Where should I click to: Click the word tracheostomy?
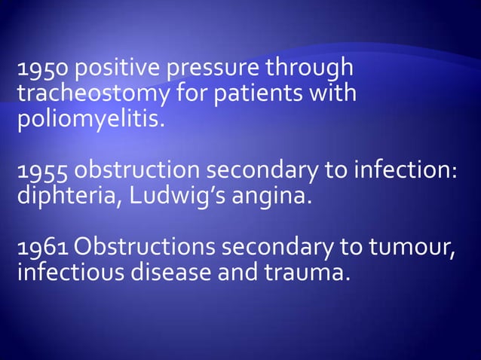coord(91,96)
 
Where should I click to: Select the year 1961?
coord(41,249)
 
